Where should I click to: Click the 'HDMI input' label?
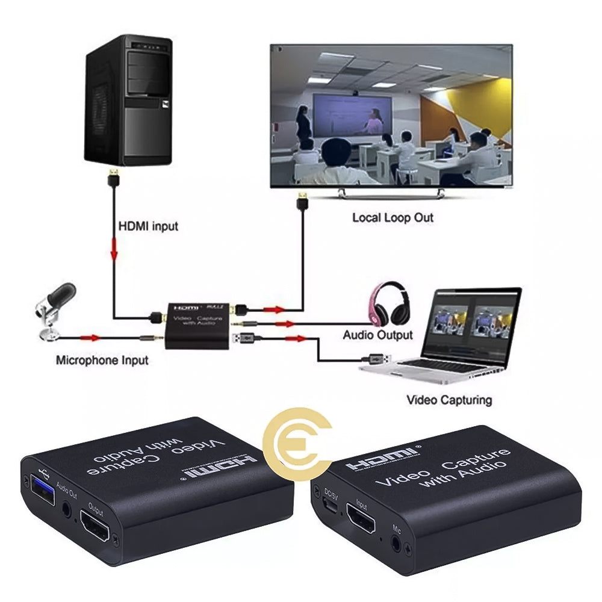(x=148, y=227)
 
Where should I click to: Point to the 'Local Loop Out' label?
(x=393, y=217)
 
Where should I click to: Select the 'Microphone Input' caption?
(x=102, y=361)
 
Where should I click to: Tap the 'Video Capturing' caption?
(x=449, y=400)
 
